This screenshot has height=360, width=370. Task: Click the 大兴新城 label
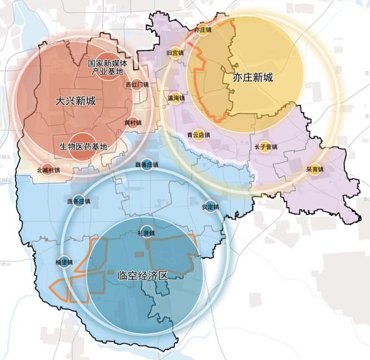75,101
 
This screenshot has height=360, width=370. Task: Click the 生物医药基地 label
83,146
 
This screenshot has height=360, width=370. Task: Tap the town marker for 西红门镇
137,85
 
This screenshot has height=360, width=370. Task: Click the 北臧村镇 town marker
48,169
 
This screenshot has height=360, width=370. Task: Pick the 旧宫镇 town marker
175,53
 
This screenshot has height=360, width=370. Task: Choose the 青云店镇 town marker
199,135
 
